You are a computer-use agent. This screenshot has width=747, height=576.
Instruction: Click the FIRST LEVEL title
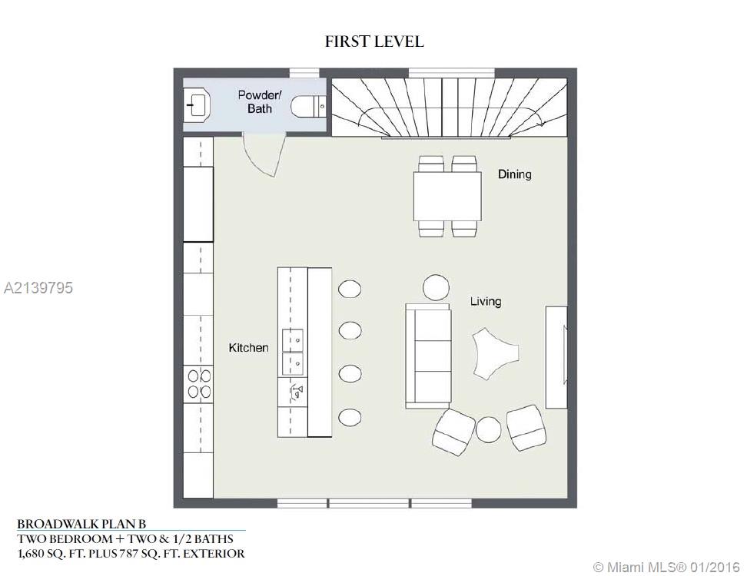374,41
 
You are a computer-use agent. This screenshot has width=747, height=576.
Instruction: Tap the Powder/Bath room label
260,101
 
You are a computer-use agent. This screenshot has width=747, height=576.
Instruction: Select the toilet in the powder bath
307,107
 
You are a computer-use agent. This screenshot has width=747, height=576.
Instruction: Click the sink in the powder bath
198,105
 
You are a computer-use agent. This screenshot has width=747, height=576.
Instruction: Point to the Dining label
514,174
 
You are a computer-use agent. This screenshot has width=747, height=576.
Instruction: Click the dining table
447,196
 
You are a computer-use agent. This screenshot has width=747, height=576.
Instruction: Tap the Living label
486,301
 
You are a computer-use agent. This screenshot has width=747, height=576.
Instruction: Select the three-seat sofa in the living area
428,356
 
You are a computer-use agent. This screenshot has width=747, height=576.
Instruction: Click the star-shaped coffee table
495,353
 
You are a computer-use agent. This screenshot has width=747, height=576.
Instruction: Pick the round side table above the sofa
436,287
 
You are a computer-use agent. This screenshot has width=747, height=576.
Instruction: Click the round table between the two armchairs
488,429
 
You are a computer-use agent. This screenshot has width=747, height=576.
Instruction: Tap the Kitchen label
248,348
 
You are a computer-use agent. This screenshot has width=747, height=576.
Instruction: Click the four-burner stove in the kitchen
199,384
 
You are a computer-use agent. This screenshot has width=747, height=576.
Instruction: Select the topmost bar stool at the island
350,289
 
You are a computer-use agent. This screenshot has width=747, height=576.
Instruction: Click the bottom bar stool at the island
350,418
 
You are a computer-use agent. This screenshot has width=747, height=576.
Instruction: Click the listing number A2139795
38,287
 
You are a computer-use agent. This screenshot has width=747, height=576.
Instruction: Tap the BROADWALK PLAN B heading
81,524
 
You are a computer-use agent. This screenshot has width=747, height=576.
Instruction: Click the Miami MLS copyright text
666,567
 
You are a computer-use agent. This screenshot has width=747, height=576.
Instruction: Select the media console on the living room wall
556,357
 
